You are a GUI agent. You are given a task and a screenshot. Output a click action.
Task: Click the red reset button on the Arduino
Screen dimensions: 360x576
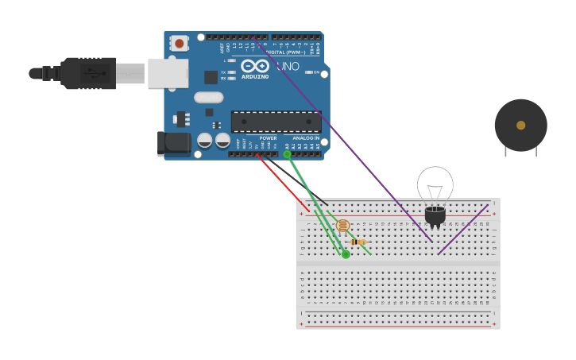[180, 43]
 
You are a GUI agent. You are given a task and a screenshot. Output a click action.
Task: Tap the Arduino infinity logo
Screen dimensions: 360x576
[255, 66]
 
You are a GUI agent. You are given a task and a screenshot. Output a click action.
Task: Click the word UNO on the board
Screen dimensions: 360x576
[288, 66]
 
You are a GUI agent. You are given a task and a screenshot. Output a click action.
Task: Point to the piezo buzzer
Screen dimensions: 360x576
[520, 125]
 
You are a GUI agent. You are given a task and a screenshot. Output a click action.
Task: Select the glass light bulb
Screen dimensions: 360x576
[435, 185]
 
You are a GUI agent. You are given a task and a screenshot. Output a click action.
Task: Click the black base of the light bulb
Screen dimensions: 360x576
[435, 215]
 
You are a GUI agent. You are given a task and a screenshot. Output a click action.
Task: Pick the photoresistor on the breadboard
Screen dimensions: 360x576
[342, 226]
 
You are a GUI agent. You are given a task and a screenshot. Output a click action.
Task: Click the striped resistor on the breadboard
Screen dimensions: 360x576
[358, 242]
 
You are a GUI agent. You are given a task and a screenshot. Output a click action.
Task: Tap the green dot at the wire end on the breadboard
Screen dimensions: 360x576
[346, 254]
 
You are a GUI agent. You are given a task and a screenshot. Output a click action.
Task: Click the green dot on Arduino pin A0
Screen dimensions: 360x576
[287, 154]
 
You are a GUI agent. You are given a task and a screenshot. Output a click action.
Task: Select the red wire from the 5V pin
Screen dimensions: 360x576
[284, 183]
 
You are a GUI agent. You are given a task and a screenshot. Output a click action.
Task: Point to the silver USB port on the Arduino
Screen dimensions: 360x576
[168, 73]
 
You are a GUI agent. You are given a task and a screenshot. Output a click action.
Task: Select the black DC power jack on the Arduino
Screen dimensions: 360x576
[173, 143]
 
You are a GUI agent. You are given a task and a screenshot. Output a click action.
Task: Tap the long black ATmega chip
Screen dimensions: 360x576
[276, 122]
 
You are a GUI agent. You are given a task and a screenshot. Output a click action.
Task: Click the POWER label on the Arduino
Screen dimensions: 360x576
[268, 138]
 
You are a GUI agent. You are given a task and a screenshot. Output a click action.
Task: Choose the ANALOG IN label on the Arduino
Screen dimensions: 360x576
[305, 138]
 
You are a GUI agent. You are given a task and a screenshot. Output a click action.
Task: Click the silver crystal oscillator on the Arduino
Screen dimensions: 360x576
[208, 98]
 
